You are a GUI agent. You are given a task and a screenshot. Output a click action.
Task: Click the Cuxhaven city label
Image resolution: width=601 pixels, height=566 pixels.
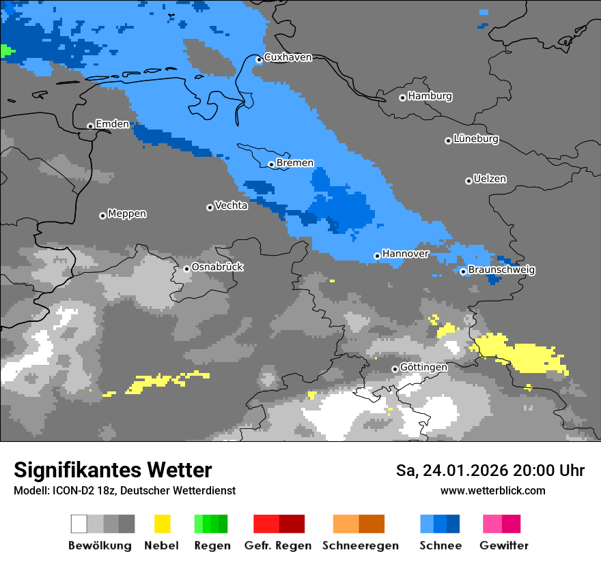(x=288, y=57)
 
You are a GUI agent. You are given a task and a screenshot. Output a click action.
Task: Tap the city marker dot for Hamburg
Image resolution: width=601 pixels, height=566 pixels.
(x=402, y=98)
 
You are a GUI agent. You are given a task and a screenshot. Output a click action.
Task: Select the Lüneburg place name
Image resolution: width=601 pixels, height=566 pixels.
(x=476, y=139)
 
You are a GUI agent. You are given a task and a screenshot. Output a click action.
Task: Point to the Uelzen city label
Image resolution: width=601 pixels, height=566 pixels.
(x=490, y=179)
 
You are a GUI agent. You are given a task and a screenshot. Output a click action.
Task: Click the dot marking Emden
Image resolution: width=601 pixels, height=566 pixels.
(x=90, y=126)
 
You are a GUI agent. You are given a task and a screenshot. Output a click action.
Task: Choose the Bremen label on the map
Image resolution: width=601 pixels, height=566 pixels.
(x=295, y=163)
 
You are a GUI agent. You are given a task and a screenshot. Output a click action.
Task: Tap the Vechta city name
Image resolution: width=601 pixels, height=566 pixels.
(x=231, y=205)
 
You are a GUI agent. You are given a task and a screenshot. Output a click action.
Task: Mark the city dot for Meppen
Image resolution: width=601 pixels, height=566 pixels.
(x=102, y=215)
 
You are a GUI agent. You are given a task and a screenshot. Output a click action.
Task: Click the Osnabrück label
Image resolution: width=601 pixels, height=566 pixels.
(x=217, y=267)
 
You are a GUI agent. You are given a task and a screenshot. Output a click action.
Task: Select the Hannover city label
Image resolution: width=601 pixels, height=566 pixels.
(x=406, y=254)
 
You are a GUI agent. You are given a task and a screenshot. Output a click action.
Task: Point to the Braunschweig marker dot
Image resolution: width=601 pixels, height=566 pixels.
(x=463, y=271)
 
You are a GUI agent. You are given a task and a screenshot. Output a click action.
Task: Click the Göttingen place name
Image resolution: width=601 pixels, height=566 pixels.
(x=423, y=367)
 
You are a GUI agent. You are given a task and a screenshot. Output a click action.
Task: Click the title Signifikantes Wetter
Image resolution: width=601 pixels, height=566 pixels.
(x=113, y=470)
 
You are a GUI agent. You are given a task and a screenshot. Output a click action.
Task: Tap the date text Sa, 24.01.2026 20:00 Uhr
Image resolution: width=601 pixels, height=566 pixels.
(x=490, y=471)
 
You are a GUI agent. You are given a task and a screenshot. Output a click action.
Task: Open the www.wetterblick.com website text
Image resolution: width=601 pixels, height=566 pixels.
(x=492, y=490)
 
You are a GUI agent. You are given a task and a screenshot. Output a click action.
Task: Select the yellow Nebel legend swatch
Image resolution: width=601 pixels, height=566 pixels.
(x=162, y=524)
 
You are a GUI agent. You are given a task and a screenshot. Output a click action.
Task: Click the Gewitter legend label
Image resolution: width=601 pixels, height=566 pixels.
(x=504, y=546)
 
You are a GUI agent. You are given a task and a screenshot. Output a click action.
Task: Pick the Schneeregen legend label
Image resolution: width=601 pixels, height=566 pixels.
(x=360, y=546)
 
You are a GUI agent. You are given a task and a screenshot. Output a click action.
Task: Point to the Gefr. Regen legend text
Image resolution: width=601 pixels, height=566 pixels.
(x=278, y=546)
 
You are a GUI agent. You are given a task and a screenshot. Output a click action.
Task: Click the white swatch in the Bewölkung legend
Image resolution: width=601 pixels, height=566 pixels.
(x=79, y=524)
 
